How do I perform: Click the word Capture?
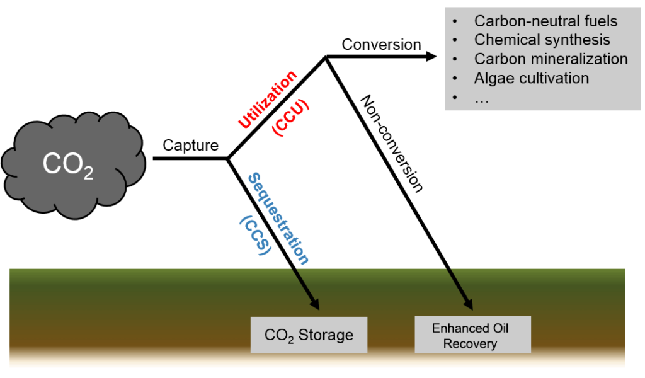[190, 146]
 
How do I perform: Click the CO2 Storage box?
[308, 335]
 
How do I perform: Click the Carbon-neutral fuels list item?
[545, 21]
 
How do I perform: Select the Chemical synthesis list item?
[542, 40]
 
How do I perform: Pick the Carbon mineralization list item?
[551, 59]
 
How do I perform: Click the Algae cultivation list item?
[531, 78]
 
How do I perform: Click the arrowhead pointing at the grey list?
[431, 56]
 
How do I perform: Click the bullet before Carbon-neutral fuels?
[455, 21]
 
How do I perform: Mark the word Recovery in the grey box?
[470, 344]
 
